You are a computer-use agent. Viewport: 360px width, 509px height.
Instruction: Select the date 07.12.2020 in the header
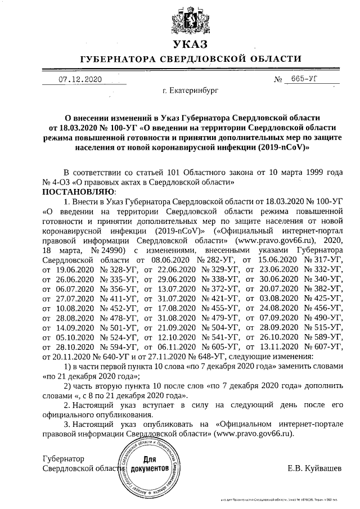tap(80, 80)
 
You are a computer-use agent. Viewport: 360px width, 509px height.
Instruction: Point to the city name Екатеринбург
tap(187, 90)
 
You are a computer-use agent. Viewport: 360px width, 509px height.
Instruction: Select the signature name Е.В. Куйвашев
tap(314, 468)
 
